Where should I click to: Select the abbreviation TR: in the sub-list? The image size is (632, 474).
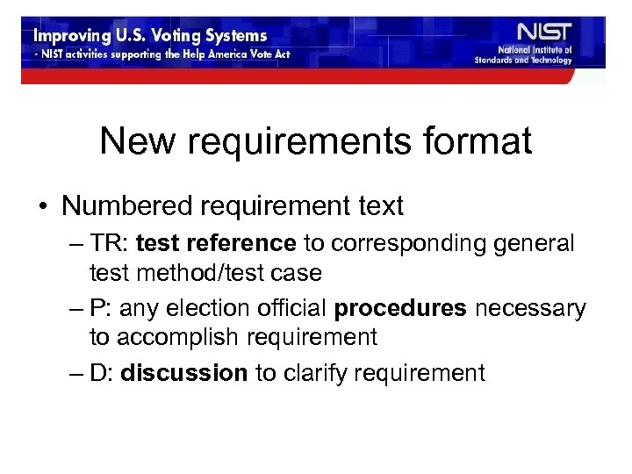tap(111, 241)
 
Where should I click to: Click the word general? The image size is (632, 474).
tap(543, 241)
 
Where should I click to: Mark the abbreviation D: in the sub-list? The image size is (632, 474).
tap(105, 373)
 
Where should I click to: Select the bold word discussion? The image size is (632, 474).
tap(184, 373)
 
